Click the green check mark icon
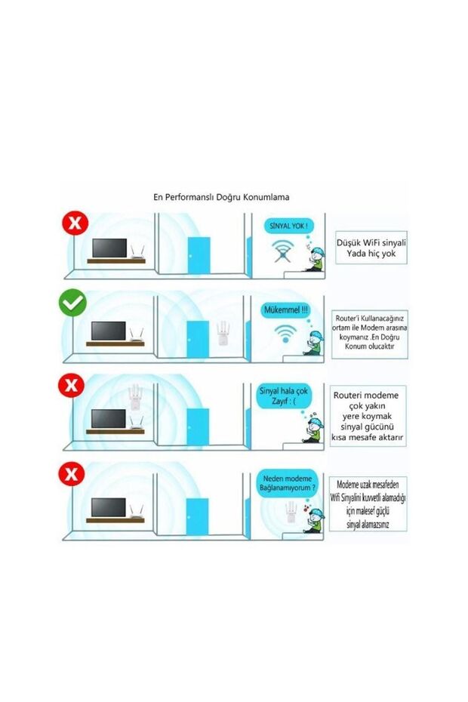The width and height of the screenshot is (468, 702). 74,303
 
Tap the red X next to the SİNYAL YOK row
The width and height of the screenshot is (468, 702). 74,223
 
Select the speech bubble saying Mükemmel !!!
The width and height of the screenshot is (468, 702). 285,310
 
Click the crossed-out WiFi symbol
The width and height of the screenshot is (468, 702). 284,252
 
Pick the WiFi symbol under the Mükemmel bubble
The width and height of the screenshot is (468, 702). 285,332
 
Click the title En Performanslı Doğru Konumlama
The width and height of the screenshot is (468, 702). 221,197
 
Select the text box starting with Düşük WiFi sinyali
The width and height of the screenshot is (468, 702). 371,247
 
